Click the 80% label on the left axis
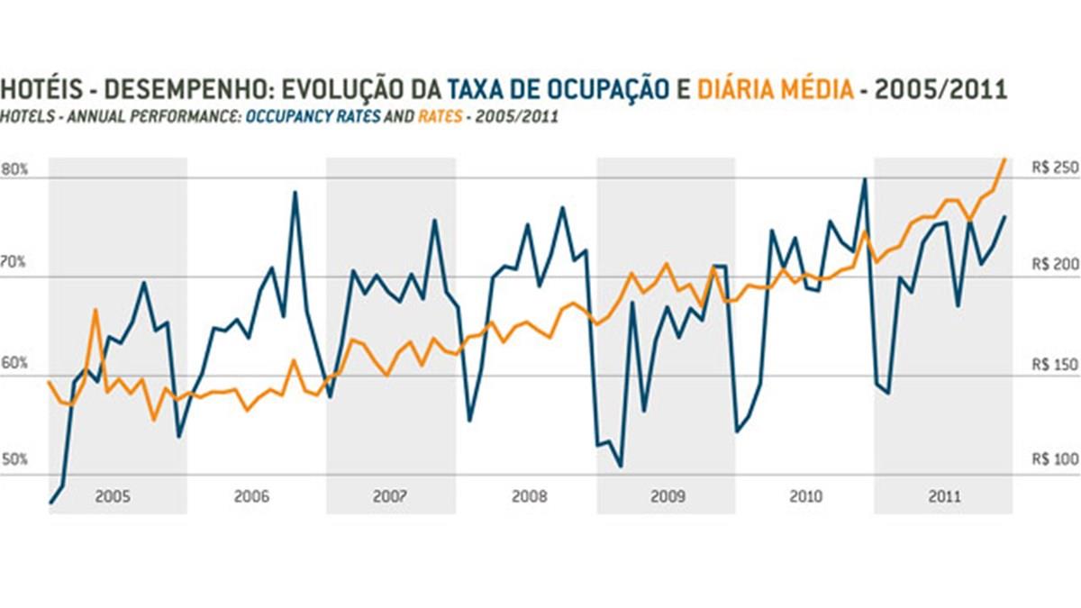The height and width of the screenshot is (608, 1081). coord(15,169)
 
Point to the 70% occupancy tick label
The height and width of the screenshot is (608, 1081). coord(15,263)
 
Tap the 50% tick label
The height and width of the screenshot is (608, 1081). coord(15,460)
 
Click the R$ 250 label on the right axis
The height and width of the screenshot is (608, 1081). coord(1053,168)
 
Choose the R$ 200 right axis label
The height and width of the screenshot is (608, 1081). coord(1053,265)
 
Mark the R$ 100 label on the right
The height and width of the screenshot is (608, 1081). coord(1053,459)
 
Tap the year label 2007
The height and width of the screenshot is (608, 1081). coord(389,496)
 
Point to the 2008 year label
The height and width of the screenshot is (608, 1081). coord(529,496)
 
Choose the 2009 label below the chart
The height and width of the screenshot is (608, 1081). coord(668,496)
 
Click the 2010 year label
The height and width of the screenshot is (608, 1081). coord(805,496)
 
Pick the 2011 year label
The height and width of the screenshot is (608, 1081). coord(943,496)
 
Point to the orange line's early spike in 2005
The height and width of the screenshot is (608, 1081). coord(95,310)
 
